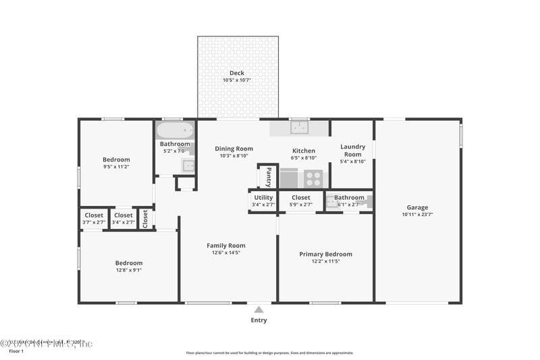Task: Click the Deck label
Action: click(236, 73)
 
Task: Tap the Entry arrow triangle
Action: click(259, 309)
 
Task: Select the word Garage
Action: click(417, 207)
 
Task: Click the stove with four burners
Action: click(313, 178)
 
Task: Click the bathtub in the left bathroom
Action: click(175, 130)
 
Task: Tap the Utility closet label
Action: click(263, 198)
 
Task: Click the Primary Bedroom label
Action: click(325, 254)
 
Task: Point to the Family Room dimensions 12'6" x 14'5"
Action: click(226, 253)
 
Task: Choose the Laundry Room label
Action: click(352, 150)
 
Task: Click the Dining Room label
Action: click(234, 149)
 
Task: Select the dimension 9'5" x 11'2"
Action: click(116, 166)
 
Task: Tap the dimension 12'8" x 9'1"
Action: click(128, 270)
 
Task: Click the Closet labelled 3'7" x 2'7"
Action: click(94, 215)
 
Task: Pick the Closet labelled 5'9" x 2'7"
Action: click(301, 198)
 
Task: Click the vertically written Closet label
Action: click(145, 219)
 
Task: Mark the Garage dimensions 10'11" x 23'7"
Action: click(417, 215)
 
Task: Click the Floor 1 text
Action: click(16, 351)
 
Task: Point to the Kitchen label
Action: click(303, 151)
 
